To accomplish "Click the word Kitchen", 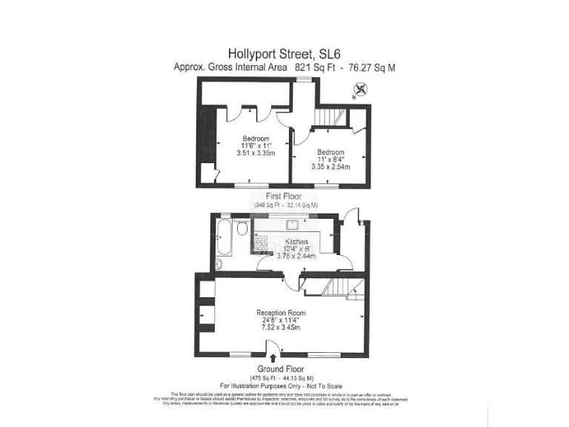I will pos(296,242).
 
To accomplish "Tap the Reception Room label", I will pos(281,314).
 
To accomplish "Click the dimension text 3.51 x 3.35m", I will pos(256,153).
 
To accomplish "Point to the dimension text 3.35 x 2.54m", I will pos(330,167).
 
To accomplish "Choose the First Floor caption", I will pos(285,197).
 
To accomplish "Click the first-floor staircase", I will pos(325,119).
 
